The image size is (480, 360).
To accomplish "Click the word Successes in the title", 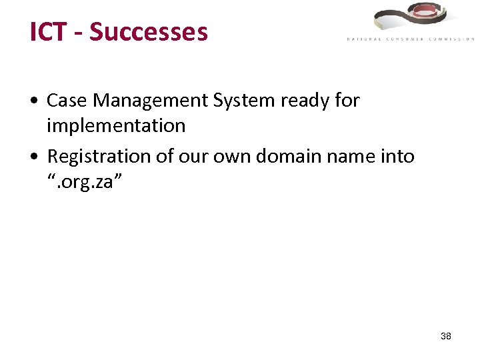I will tap(149, 32).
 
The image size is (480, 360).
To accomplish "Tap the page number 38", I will tap(446, 336).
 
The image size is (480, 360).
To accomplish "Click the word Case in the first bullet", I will tap(67, 101).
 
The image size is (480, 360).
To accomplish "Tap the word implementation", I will tap(116, 125).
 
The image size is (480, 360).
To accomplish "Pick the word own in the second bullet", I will tap(232, 157).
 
